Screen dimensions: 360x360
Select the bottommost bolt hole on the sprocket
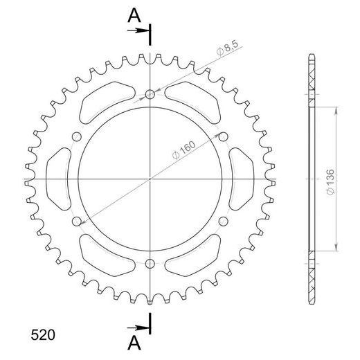click(150, 262)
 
